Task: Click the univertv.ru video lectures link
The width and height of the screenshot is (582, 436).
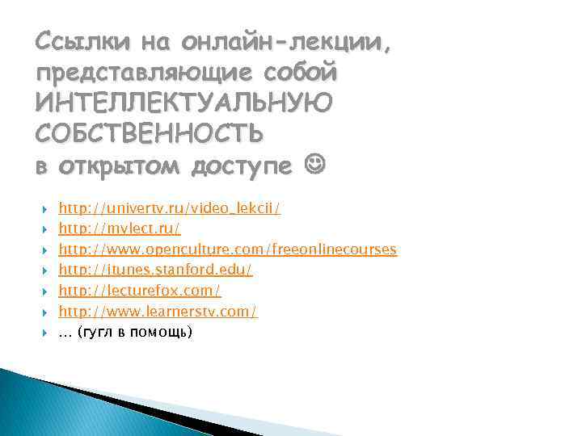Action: tap(170, 209)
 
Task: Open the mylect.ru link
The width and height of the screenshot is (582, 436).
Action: tap(120, 229)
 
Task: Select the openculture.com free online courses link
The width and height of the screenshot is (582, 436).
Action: tap(227, 249)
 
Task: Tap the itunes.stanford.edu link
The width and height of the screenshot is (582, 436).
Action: tap(155, 270)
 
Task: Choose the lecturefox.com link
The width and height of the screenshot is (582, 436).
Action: tap(140, 290)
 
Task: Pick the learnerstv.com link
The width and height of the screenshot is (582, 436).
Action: tap(158, 311)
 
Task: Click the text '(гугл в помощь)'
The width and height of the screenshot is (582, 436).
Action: tap(135, 331)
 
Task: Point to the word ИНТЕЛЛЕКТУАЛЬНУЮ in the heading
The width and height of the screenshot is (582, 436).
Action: tap(183, 103)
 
